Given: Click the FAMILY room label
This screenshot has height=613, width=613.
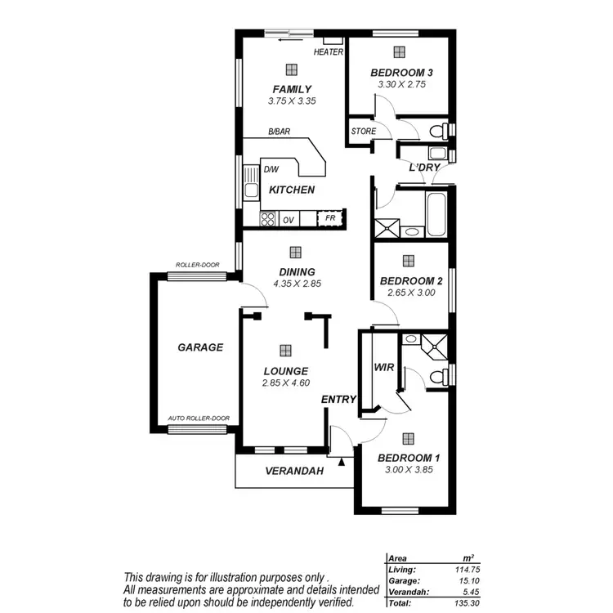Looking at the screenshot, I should pos(291,89).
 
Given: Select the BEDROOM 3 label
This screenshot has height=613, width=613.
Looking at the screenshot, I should pos(398,72).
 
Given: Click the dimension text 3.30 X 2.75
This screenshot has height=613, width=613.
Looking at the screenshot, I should pos(398,84).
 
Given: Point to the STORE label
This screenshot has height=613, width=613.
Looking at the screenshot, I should pos(363,131).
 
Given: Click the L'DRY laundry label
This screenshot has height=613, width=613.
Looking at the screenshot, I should pos(425,168).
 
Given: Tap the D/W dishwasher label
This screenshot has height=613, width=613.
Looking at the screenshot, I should pos(271,170).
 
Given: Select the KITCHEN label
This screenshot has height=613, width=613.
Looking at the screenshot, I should pos(292,190).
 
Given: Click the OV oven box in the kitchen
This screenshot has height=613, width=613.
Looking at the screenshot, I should pos(288,220).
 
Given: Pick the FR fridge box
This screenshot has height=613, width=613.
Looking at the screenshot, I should pos(330,219).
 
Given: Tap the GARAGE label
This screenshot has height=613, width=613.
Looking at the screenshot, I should pos(200,347).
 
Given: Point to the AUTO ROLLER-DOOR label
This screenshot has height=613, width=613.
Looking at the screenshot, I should pos(199,418).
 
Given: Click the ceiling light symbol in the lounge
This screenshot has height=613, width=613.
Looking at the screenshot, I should pos(284,350).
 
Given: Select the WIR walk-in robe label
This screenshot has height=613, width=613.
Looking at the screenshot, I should pos(384,368).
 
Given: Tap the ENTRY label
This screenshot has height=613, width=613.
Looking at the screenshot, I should pos(338,399).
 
